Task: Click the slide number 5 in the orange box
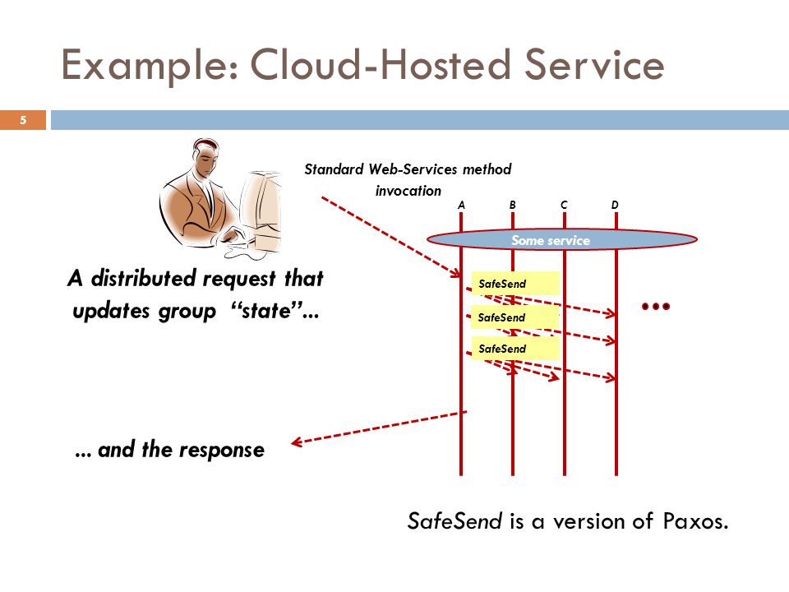23,120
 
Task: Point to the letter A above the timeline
461,205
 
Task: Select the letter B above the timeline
512,205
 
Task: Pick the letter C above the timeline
564,205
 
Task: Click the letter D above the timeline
615,205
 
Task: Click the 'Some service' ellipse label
551,240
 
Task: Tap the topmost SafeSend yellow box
515,284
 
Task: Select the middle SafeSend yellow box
514,317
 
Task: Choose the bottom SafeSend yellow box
515,349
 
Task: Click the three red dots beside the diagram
656,306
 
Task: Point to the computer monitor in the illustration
261,211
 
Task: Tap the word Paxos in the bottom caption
695,521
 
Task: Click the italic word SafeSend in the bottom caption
454,521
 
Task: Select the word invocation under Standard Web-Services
408,191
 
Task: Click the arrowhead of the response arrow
296,442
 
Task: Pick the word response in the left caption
221,451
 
